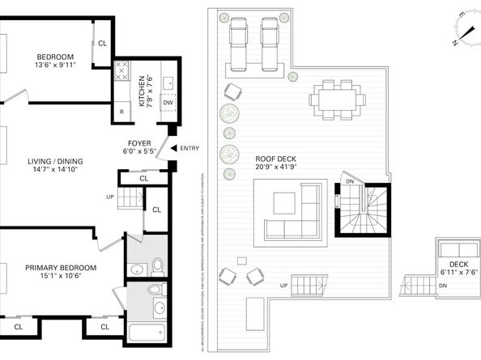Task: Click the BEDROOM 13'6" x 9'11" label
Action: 55,62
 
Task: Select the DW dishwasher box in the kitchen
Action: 168,103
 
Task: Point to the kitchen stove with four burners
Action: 121,71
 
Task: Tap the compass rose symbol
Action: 465,30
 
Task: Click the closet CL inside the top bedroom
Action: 102,43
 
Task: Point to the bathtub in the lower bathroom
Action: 147,332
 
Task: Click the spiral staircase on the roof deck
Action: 363,212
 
